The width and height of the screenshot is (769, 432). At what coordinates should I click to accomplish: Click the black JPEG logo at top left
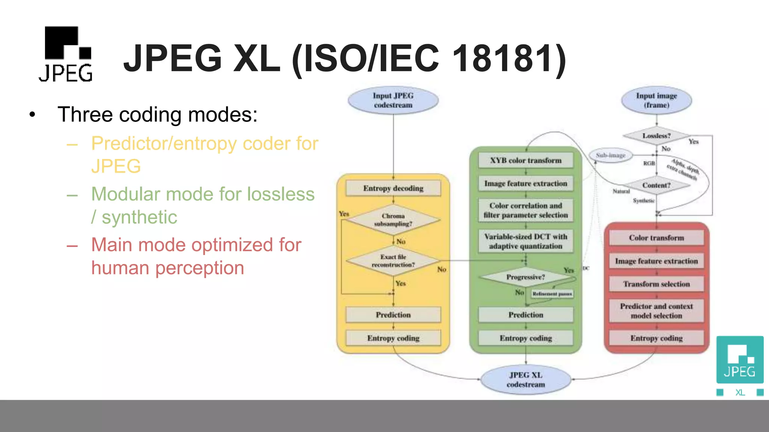tap(66, 54)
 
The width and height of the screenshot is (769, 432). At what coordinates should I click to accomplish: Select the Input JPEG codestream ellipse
tap(393, 100)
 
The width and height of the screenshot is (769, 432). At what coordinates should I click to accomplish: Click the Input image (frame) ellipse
tap(656, 100)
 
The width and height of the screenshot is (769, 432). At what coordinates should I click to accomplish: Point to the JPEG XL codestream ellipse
tap(526, 379)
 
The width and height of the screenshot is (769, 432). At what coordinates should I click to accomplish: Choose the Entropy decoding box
tap(393, 188)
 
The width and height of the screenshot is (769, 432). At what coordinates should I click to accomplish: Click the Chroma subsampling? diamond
tap(393, 220)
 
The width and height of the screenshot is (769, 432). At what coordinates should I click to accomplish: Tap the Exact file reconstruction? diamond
tap(393, 261)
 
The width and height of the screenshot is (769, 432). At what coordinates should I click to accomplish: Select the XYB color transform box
tap(526, 160)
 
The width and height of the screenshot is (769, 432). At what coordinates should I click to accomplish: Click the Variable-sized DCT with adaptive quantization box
tap(526, 241)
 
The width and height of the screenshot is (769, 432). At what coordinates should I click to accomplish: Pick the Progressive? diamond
tap(526, 277)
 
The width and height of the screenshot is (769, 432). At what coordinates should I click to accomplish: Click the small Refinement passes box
tap(552, 294)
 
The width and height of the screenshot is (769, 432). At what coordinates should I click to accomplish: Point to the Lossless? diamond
tap(656, 136)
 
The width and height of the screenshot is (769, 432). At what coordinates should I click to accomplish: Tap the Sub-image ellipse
tap(611, 155)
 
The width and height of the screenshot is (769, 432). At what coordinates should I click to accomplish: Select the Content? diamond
tap(656, 185)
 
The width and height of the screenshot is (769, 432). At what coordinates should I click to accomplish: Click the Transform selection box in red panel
tap(656, 284)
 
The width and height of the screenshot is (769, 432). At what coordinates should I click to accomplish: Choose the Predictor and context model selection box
tap(656, 311)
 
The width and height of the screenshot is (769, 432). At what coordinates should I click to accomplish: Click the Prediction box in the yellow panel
tap(393, 315)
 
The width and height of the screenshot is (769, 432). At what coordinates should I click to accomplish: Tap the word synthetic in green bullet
tap(139, 217)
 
